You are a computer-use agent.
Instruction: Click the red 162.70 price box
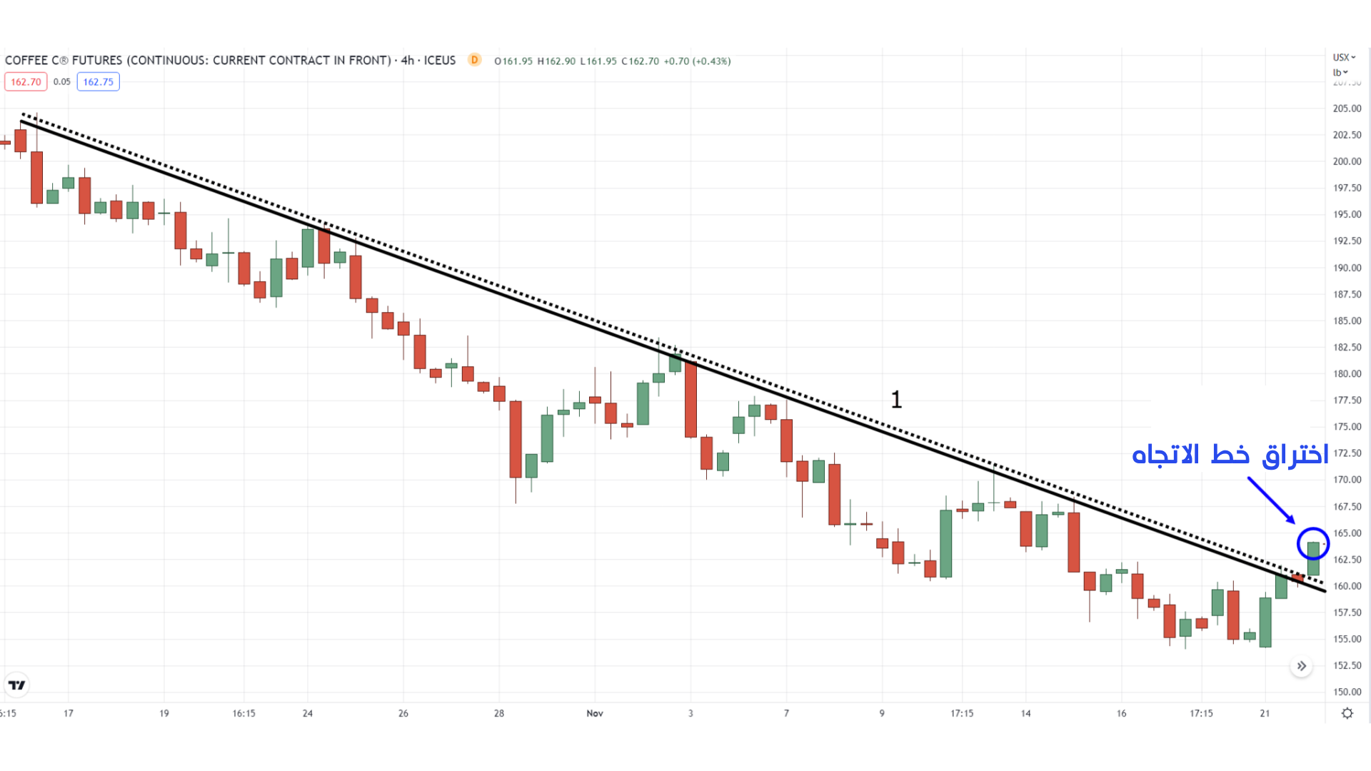(x=26, y=82)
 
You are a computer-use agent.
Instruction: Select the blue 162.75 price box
(x=98, y=82)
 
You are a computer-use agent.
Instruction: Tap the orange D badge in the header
(x=474, y=60)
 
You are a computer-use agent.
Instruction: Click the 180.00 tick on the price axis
(x=1347, y=373)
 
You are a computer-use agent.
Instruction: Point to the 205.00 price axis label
(x=1347, y=109)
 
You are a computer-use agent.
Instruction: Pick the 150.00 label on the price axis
(x=1347, y=692)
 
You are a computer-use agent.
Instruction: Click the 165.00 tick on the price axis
(x=1347, y=533)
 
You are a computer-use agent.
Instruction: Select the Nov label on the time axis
(x=595, y=713)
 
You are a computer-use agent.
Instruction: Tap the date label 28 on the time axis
(x=499, y=713)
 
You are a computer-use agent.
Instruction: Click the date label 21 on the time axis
(x=1265, y=713)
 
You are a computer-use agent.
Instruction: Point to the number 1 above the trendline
(x=896, y=400)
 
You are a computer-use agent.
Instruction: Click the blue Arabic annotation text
(x=1230, y=455)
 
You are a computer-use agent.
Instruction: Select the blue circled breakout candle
(x=1313, y=545)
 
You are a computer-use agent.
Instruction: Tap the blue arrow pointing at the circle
(x=1271, y=500)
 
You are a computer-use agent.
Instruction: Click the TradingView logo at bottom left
(x=16, y=685)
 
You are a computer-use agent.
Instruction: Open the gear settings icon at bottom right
(x=1347, y=713)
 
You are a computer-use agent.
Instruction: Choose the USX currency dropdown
(x=1343, y=57)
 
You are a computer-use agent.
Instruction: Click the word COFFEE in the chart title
(x=26, y=61)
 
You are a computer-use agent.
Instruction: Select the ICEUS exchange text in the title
(x=439, y=61)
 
